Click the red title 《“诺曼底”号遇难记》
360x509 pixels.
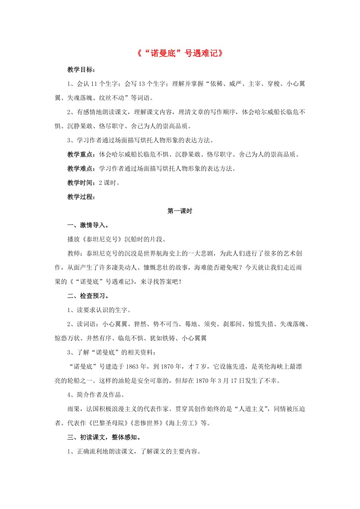180,53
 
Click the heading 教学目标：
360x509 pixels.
81,70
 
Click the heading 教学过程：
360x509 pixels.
81,196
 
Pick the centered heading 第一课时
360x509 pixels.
180,211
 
